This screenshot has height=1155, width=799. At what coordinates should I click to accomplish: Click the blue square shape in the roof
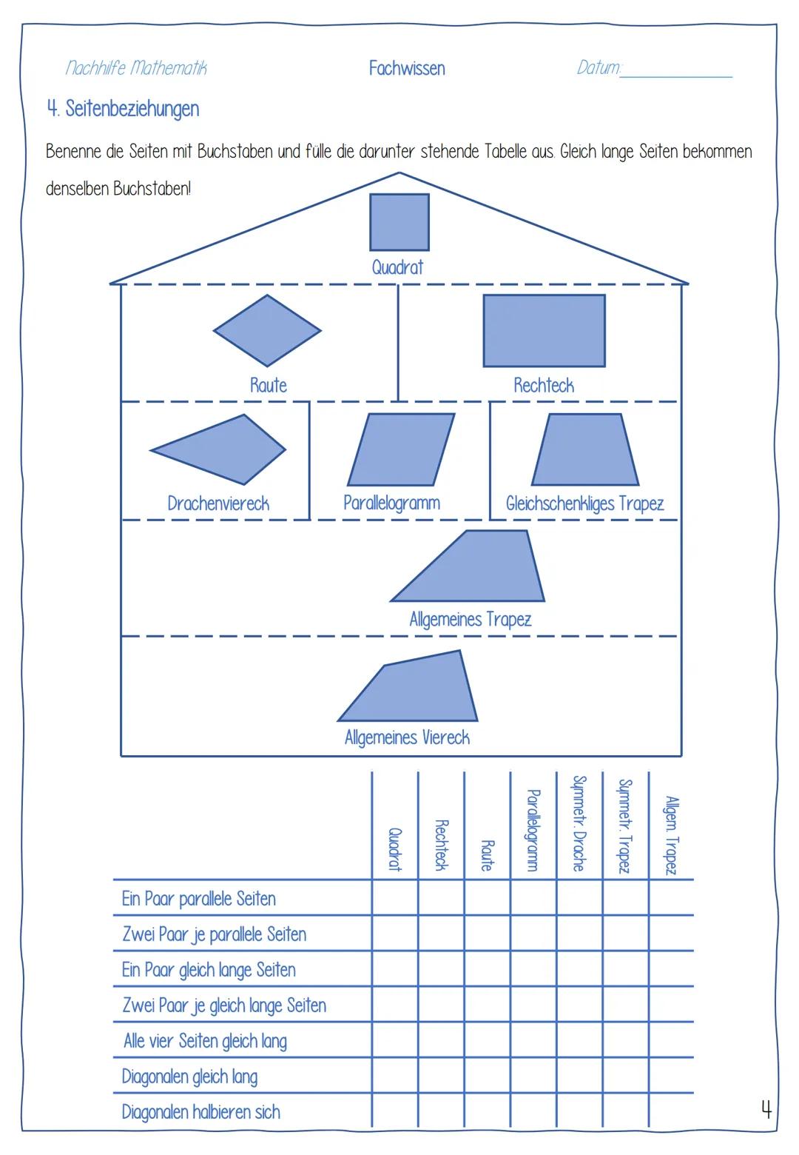(399, 222)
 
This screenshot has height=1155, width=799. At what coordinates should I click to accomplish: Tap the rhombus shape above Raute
(267, 331)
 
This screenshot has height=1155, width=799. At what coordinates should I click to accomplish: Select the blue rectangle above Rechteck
(544, 331)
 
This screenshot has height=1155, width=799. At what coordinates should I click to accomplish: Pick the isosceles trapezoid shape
(584, 449)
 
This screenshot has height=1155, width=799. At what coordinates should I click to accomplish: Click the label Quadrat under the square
(397, 267)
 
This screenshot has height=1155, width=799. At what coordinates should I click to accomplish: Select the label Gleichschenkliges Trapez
(584, 504)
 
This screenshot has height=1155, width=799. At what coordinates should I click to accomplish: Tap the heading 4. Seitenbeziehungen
(123, 109)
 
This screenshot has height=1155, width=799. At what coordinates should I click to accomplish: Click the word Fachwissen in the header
(407, 69)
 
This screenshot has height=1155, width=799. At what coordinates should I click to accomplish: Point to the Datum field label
(599, 68)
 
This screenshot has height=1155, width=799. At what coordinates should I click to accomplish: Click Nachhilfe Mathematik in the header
(136, 68)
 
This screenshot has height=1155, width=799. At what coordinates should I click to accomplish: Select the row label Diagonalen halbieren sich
(200, 1112)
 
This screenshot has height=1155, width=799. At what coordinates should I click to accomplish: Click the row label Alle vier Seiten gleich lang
(205, 1041)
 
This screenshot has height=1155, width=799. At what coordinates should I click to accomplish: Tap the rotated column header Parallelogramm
(533, 829)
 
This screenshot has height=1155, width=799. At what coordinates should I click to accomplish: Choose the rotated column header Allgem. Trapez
(671, 835)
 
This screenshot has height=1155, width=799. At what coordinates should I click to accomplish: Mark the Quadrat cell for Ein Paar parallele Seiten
(395, 898)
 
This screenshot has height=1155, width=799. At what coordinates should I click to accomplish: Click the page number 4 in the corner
(766, 1109)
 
